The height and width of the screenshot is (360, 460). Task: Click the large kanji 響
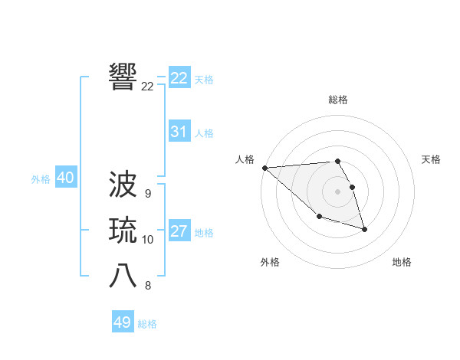pyautogui.click(x=123, y=76)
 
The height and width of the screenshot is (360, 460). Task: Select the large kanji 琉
pyautogui.click(x=123, y=230)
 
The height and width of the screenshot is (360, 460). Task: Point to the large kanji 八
pyautogui.click(x=123, y=276)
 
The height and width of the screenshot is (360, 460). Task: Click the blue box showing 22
pyautogui.click(x=179, y=78)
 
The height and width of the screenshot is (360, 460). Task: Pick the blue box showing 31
pyautogui.click(x=179, y=132)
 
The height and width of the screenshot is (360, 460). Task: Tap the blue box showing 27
pyautogui.click(x=179, y=231)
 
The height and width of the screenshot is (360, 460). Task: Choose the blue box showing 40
pyautogui.click(x=65, y=178)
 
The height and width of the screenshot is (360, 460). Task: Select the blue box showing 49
pyautogui.click(x=123, y=322)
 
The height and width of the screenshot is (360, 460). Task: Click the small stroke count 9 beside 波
pyautogui.click(x=147, y=194)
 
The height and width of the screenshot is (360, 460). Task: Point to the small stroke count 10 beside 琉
pyautogui.click(x=148, y=240)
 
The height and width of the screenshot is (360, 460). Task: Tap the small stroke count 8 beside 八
pyautogui.click(x=147, y=286)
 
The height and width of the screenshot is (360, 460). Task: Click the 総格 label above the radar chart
pyautogui.click(x=338, y=100)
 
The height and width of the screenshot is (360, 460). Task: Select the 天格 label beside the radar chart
pyautogui.click(x=432, y=159)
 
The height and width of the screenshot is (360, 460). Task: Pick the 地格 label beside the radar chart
pyautogui.click(x=402, y=262)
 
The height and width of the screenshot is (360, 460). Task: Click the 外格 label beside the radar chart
pyautogui.click(x=270, y=262)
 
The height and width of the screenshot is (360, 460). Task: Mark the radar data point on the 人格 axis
pyautogui.click(x=264, y=167)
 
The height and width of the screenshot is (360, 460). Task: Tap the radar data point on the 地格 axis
pyautogui.click(x=364, y=229)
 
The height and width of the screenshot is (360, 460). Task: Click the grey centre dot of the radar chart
pyautogui.click(x=338, y=191)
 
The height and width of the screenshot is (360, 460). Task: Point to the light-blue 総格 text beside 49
pyautogui.click(x=147, y=324)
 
